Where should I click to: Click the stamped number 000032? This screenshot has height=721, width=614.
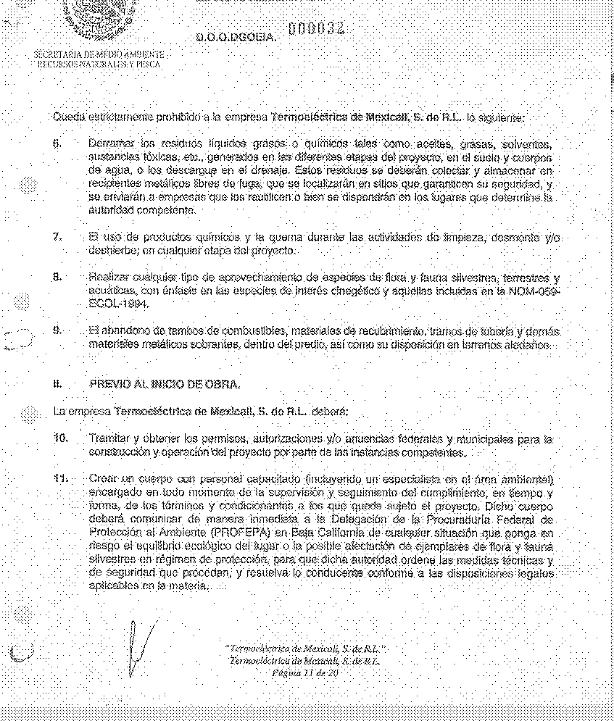tap(315, 28)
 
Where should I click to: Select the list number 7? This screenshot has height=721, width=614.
tap(57, 238)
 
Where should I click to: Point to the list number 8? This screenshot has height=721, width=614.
tap(57, 277)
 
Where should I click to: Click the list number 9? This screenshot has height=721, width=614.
tap(57, 330)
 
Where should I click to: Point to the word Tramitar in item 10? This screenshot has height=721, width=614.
tap(108, 439)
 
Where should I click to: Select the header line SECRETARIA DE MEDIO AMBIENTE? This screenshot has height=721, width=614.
tap(99, 55)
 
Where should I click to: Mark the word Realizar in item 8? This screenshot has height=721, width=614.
tap(108, 277)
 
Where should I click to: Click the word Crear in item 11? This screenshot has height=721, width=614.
tap(102, 478)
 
